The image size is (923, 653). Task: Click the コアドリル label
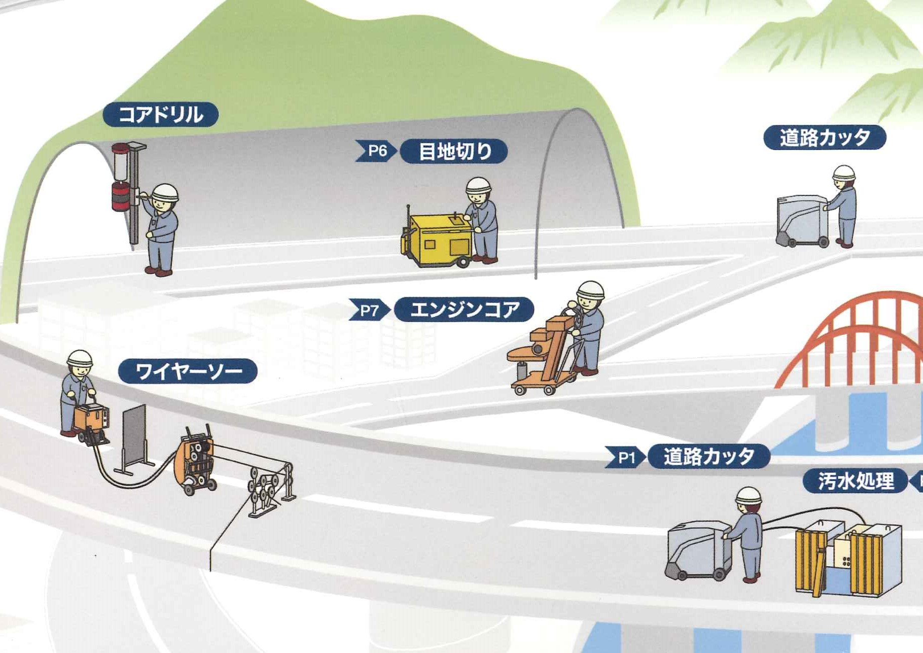pos(160,115)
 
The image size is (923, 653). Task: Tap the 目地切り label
pos(454,151)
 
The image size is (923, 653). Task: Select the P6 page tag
pos(376,151)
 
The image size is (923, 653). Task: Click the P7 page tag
pos(369,310)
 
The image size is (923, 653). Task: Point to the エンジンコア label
pos(464,310)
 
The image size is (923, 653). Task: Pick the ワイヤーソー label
pos(188,371)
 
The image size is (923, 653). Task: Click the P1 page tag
pos(625,458)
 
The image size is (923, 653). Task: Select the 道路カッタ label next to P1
pos(709,457)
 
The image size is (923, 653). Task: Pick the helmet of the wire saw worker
pos(80,358)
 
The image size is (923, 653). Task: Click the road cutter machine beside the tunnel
pos(803,221)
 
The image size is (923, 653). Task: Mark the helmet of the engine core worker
pos(591,290)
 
